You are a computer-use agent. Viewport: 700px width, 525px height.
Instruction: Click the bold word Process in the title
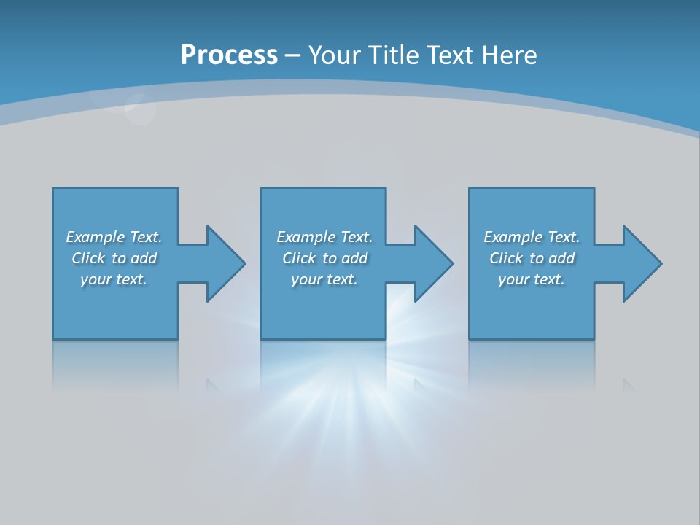229,55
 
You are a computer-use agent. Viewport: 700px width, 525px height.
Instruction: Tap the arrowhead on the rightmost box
641,263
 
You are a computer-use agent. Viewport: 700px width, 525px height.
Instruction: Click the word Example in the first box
96,237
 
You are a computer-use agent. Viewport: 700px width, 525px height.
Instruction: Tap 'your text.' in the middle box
324,279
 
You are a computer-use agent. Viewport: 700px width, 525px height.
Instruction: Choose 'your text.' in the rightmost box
531,279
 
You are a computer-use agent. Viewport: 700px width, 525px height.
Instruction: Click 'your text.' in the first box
113,279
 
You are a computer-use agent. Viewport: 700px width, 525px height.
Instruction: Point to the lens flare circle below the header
140,110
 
